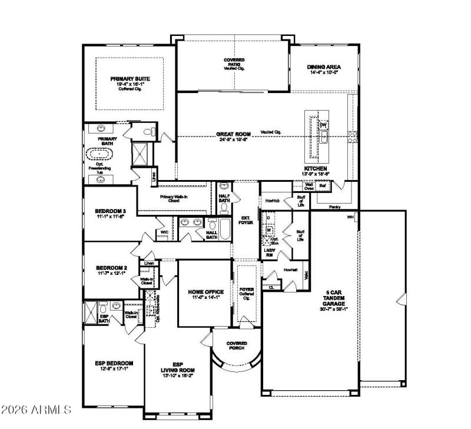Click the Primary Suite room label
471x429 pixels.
[130, 78]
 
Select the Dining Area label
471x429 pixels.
[323, 67]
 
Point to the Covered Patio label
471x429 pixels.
[234, 61]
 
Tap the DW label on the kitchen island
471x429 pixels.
[323, 125]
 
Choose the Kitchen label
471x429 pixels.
[316, 168]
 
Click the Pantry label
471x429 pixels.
[334, 207]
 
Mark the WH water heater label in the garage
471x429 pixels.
[350, 217]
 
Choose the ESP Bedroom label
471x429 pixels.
[114, 363]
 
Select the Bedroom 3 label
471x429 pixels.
[111, 211]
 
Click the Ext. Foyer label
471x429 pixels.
[245, 220]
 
